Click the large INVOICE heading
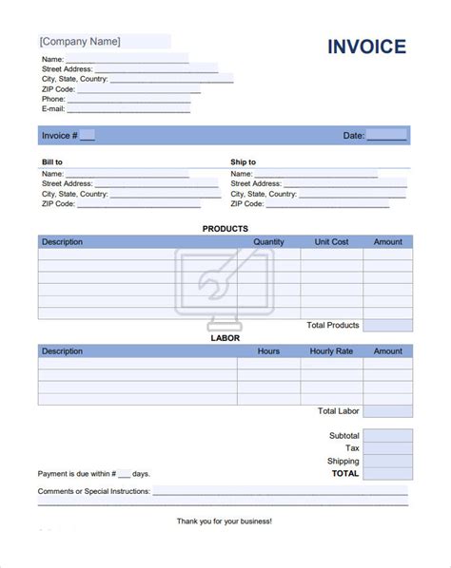click(x=367, y=47)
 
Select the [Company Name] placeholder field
click(x=80, y=42)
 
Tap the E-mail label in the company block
click(x=52, y=109)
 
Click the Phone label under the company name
click(x=53, y=99)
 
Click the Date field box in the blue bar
click(x=387, y=136)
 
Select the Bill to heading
click(x=52, y=162)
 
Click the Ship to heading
click(x=243, y=162)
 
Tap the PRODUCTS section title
click(x=225, y=229)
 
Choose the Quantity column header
click(x=268, y=242)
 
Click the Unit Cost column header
click(x=331, y=242)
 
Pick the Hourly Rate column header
click(x=331, y=351)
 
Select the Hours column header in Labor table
click(x=268, y=351)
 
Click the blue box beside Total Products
click(x=387, y=325)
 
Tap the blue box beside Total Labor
click(x=387, y=411)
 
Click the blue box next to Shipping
click(x=387, y=461)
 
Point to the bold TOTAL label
click(x=344, y=473)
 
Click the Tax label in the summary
click(x=351, y=447)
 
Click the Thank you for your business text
click(x=225, y=521)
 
